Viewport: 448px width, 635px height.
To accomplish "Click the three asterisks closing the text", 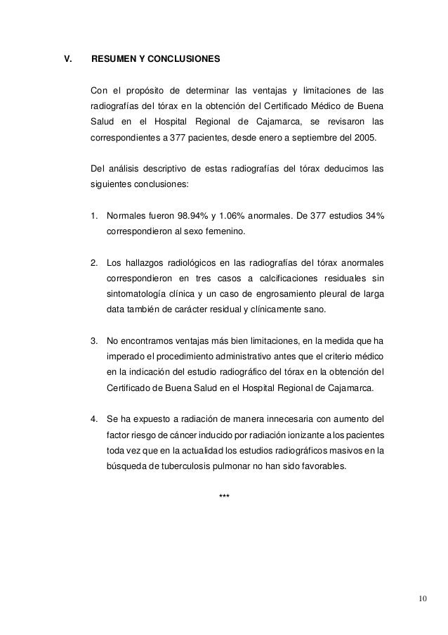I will [225, 498].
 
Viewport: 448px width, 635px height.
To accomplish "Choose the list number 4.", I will [95, 421].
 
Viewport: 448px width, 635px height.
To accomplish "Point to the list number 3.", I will [95, 342].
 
